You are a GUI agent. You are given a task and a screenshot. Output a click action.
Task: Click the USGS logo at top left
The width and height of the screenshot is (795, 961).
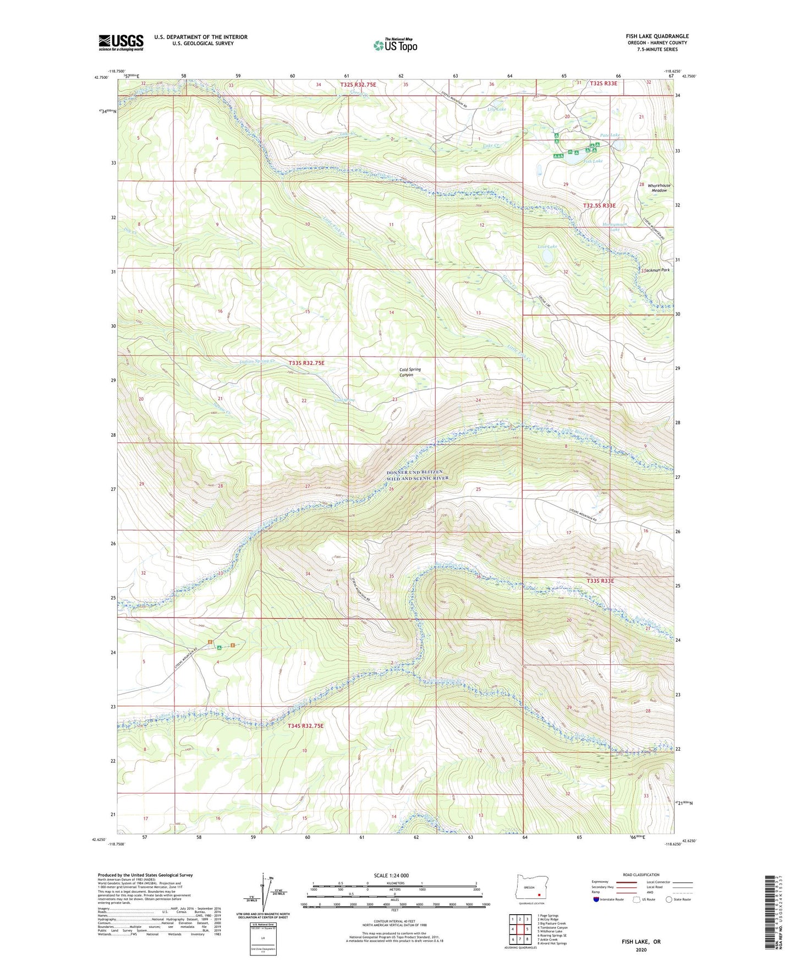pos(120,42)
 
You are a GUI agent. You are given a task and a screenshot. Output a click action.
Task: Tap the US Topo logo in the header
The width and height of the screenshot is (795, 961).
pos(395,45)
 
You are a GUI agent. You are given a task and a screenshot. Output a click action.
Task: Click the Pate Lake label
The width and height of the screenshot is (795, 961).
pos(609,135)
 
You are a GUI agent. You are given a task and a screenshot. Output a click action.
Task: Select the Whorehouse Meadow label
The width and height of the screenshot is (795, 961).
pos(659,188)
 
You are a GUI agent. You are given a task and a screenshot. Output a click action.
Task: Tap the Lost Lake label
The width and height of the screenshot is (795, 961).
pos(547,247)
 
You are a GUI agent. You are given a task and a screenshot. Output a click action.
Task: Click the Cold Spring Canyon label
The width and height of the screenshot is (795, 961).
pos(410,372)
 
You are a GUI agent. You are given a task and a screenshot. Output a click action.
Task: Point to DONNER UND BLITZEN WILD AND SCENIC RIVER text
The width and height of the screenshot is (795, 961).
pos(418,475)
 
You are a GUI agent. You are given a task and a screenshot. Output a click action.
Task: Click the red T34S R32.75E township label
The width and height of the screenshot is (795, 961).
pos(305,726)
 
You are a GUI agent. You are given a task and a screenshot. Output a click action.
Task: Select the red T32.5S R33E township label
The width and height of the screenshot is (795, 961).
pos(599,205)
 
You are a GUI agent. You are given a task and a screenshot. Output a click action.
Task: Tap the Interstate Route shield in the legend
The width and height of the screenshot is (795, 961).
pos(596,899)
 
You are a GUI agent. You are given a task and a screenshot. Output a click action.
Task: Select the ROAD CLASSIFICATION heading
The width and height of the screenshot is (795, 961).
pos(640,875)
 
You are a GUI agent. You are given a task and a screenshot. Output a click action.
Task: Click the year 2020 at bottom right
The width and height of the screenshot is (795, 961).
pos(640,950)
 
